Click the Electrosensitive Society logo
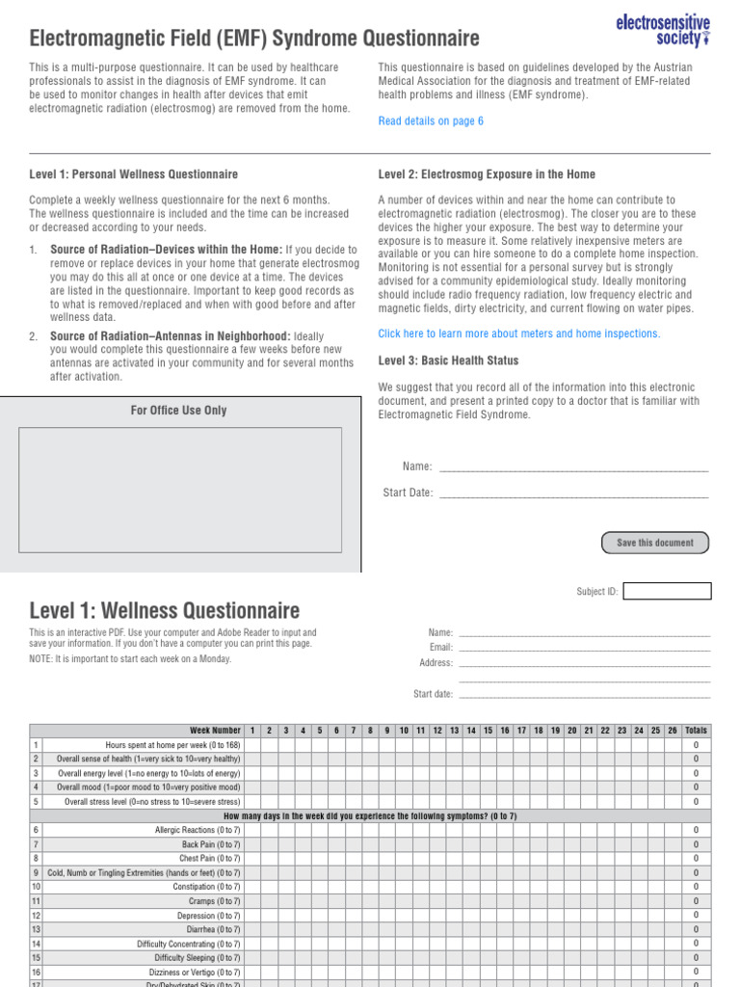[x=663, y=30]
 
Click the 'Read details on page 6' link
[x=431, y=121]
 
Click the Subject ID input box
[x=667, y=591]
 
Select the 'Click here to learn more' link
[x=519, y=333]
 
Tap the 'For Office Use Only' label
[x=179, y=411]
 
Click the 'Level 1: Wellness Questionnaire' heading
[x=165, y=610]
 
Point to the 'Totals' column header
[x=696, y=731]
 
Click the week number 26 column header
[x=672, y=731]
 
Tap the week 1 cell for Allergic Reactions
[x=252, y=830]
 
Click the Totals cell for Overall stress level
[x=696, y=802]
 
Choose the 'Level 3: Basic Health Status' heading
[x=448, y=360]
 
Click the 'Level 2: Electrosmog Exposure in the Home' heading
[x=487, y=174]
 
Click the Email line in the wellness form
[x=584, y=648]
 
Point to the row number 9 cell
[x=36, y=872]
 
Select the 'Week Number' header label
[x=215, y=731]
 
